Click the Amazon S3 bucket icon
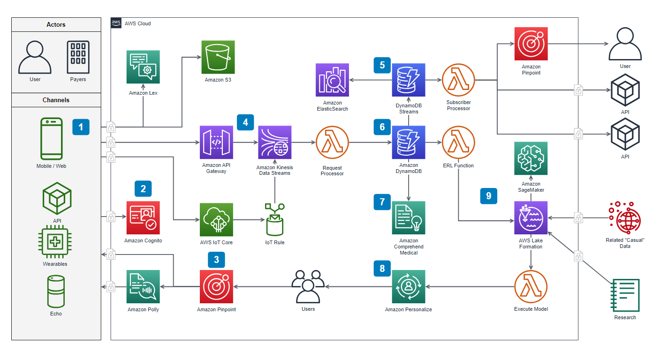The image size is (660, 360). click(x=218, y=57)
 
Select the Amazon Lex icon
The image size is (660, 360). click(x=143, y=67)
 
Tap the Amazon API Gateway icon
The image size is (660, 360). click(x=216, y=142)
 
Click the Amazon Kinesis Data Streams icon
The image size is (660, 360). click(x=275, y=142)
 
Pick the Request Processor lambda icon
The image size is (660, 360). click(x=332, y=142)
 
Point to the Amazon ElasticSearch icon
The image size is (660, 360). click(x=332, y=80)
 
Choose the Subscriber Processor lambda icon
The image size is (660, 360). click(x=458, y=80)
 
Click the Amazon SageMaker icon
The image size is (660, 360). click(x=531, y=158)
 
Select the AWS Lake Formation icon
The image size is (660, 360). click(x=531, y=217)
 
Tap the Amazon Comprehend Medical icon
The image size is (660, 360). click(x=409, y=217)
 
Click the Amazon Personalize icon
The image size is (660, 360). click(x=409, y=286)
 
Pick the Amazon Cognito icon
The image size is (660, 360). click(x=143, y=217)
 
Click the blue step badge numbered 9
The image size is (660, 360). click(x=488, y=196)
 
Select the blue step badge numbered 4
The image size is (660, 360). click(x=245, y=122)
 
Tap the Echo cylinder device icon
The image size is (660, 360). click(x=56, y=291)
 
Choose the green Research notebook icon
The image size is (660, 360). click(x=625, y=295)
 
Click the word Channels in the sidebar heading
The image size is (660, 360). click(x=56, y=100)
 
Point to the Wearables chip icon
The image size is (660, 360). click(x=55, y=243)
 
